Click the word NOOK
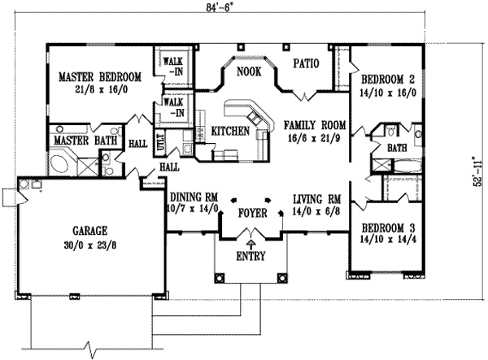(x=248, y=72)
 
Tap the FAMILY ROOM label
(x=315, y=126)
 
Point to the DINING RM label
(x=193, y=196)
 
